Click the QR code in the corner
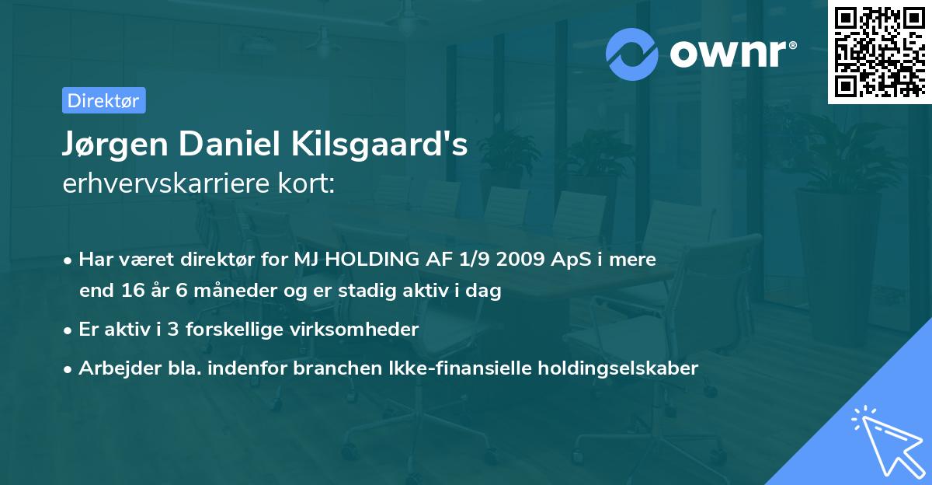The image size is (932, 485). tap(879, 51)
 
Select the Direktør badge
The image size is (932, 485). tap(103, 100)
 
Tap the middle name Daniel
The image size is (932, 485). tap(224, 145)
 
